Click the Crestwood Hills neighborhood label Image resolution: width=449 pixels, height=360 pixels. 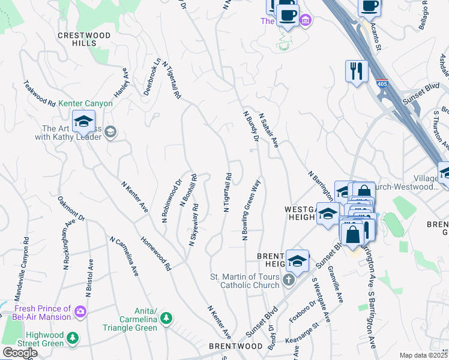[84, 40]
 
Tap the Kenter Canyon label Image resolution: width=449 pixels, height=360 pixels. [86, 103]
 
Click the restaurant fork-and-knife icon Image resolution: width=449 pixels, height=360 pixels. [357, 71]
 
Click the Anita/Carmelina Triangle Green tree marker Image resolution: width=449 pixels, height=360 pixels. [169, 317]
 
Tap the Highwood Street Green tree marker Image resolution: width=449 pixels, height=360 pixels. [72, 338]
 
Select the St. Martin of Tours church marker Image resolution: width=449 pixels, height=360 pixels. [289, 280]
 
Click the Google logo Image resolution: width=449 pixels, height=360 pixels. [20, 353]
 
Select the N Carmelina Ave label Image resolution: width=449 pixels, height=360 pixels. [124, 257]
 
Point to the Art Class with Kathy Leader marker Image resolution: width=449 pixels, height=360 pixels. [110, 132]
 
